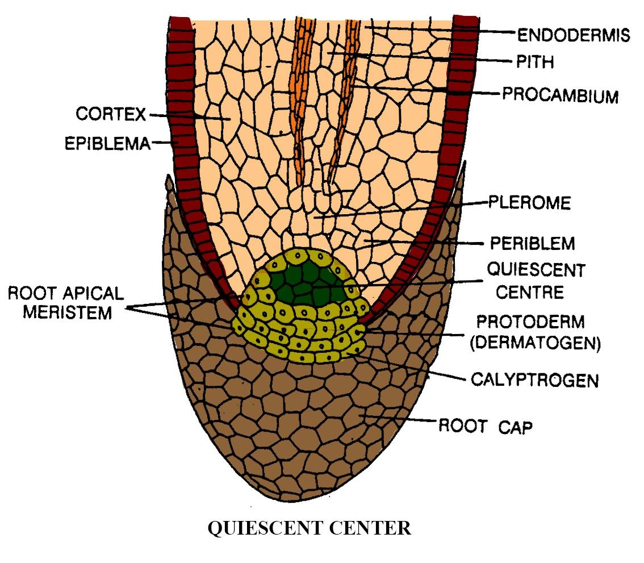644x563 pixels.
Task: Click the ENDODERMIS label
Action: [574, 35]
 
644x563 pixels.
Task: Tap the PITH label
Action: [534, 61]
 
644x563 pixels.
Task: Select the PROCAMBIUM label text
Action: [559, 94]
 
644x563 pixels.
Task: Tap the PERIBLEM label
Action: [532, 243]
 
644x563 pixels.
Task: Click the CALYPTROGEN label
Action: [535, 379]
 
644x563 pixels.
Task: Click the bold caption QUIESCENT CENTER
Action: [310, 528]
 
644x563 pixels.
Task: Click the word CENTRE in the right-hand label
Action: [529, 292]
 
